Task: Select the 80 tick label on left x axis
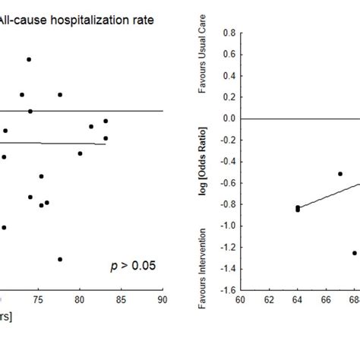[x=80, y=301]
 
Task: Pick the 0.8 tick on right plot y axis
[x=227, y=33]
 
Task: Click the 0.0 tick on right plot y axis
[x=227, y=119]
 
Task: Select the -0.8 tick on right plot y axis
[x=226, y=204]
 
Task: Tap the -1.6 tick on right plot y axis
[x=226, y=290]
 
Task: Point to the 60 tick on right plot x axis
[x=240, y=301]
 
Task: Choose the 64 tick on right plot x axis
[x=297, y=301]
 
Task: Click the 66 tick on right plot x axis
[x=326, y=301]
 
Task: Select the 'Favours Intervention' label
[x=202, y=259]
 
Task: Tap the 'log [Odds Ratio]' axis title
[x=203, y=163]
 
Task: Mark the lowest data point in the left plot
[x=59, y=259]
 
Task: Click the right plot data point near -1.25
[x=354, y=253]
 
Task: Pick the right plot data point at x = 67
[x=340, y=174]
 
